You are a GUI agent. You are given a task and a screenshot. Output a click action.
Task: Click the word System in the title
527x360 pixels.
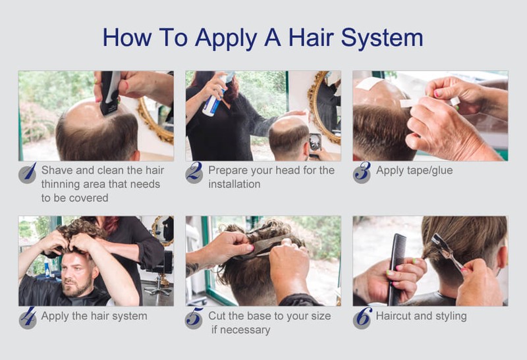(x=382, y=38)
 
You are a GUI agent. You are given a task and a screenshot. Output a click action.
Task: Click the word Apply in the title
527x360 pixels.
(x=226, y=38)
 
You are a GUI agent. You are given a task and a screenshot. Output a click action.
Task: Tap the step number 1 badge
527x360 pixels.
(x=28, y=172)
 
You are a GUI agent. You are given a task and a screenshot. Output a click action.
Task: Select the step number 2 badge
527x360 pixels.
(x=194, y=172)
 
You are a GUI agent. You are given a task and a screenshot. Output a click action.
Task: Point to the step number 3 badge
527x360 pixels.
(x=362, y=172)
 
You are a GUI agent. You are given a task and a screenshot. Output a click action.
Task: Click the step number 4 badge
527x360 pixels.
(x=28, y=318)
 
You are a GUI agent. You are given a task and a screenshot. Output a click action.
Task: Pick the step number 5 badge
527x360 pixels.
(x=194, y=318)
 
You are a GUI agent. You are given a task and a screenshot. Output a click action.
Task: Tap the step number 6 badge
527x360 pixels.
(x=362, y=318)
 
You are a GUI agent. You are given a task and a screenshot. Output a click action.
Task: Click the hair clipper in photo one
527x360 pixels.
(x=110, y=92)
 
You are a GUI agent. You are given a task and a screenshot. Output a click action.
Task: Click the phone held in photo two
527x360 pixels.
(x=315, y=143)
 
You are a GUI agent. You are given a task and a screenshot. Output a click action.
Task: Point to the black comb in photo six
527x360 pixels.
(x=397, y=269)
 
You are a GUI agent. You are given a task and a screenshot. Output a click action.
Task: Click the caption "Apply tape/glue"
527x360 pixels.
(x=414, y=170)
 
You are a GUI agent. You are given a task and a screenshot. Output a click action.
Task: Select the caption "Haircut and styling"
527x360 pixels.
(x=421, y=316)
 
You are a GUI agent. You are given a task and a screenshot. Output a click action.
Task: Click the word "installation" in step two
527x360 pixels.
(x=235, y=184)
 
